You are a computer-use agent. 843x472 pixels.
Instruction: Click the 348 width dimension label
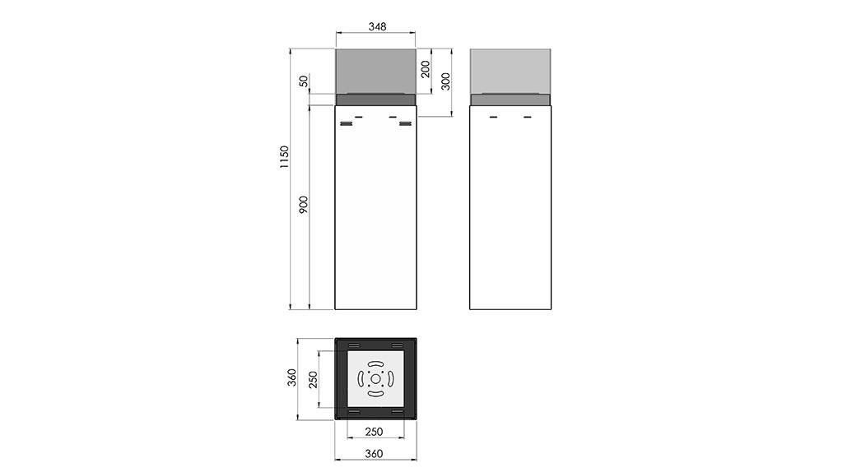click(377, 26)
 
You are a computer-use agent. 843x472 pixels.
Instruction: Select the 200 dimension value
click(426, 69)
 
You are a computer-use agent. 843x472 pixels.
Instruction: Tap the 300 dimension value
click(445, 81)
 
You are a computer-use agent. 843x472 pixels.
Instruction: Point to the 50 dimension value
click(304, 81)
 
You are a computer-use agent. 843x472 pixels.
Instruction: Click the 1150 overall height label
click(284, 157)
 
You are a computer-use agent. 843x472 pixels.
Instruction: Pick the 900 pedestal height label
click(304, 205)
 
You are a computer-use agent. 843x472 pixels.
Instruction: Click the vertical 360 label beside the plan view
click(291, 377)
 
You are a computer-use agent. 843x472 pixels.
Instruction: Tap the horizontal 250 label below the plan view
click(375, 432)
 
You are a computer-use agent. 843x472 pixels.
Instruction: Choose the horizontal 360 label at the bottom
click(375, 454)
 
